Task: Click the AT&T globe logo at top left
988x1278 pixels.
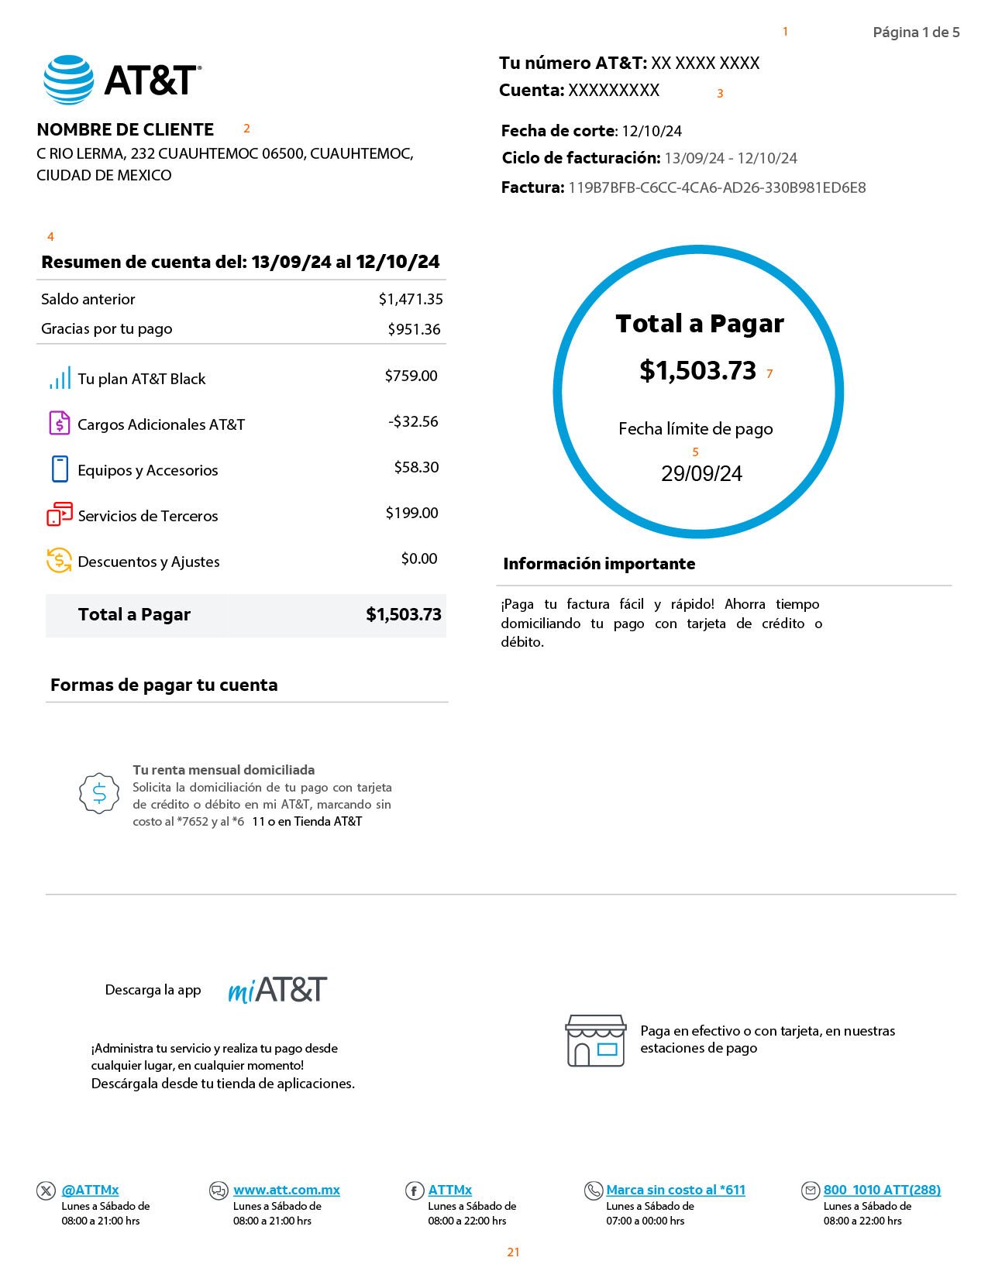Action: (69, 80)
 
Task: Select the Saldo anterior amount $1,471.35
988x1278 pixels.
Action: (411, 299)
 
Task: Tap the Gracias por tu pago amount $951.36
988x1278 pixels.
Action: (414, 329)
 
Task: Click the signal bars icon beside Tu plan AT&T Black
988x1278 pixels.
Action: (60, 379)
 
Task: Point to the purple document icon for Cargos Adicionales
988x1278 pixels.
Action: (60, 423)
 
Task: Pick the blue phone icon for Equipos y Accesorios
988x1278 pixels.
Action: (60, 469)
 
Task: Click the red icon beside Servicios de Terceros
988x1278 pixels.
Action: (60, 514)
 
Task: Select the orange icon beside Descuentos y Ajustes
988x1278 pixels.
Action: (60, 560)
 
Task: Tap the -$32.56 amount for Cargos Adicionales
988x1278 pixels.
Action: (413, 421)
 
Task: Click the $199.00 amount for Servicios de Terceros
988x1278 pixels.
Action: (411, 513)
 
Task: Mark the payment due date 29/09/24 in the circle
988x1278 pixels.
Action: (701, 474)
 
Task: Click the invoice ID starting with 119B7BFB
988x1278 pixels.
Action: (717, 187)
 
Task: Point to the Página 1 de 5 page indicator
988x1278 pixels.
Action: (916, 33)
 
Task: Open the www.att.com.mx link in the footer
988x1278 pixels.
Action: (287, 1190)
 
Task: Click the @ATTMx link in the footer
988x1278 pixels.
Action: (90, 1190)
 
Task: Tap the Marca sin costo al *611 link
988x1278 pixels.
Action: (675, 1190)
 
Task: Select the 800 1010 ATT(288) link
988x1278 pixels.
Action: (882, 1190)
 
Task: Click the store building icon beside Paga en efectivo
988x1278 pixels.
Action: (595, 1040)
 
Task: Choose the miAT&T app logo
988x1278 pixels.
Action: (277, 990)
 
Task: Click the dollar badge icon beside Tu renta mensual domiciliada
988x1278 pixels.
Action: (99, 793)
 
